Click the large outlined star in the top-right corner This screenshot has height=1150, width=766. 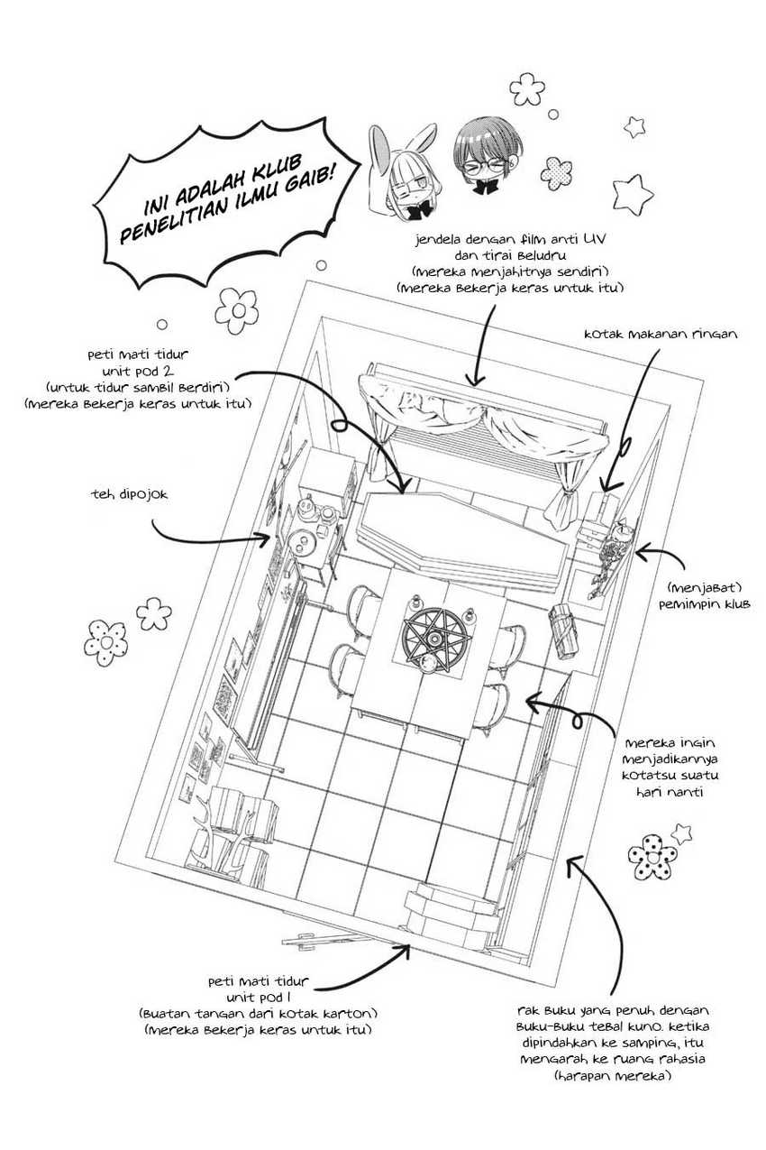[634, 191]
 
